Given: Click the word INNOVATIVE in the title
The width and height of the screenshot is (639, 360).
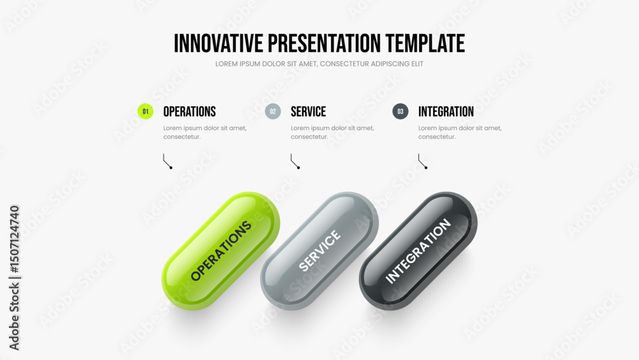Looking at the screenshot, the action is click(219, 43).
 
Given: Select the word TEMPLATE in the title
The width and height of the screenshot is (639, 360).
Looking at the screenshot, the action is click(425, 43).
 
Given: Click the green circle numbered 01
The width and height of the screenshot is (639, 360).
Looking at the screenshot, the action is click(146, 111).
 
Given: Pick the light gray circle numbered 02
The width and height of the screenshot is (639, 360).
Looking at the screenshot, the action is click(273, 111).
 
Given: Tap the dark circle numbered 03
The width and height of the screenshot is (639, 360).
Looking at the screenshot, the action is click(401, 111).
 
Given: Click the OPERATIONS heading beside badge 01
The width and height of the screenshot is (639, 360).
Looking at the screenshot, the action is click(190, 112).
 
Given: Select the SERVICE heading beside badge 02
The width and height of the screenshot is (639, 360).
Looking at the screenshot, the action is click(308, 112).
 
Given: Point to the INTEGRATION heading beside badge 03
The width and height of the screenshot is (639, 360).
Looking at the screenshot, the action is click(446, 112).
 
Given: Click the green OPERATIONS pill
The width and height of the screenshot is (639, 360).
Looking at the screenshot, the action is click(221, 251).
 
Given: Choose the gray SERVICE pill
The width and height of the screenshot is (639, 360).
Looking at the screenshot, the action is click(319, 251).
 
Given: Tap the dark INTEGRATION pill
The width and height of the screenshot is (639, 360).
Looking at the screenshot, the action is click(418, 251).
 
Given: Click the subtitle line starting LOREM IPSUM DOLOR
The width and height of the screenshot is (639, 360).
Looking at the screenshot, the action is click(319, 64).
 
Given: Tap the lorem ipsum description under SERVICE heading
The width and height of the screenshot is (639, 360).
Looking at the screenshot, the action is click(332, 132).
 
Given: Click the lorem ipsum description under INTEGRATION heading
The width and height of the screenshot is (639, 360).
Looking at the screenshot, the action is click(459, 132).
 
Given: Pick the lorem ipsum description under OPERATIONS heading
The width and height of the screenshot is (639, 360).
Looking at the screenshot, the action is click(205, 132).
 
